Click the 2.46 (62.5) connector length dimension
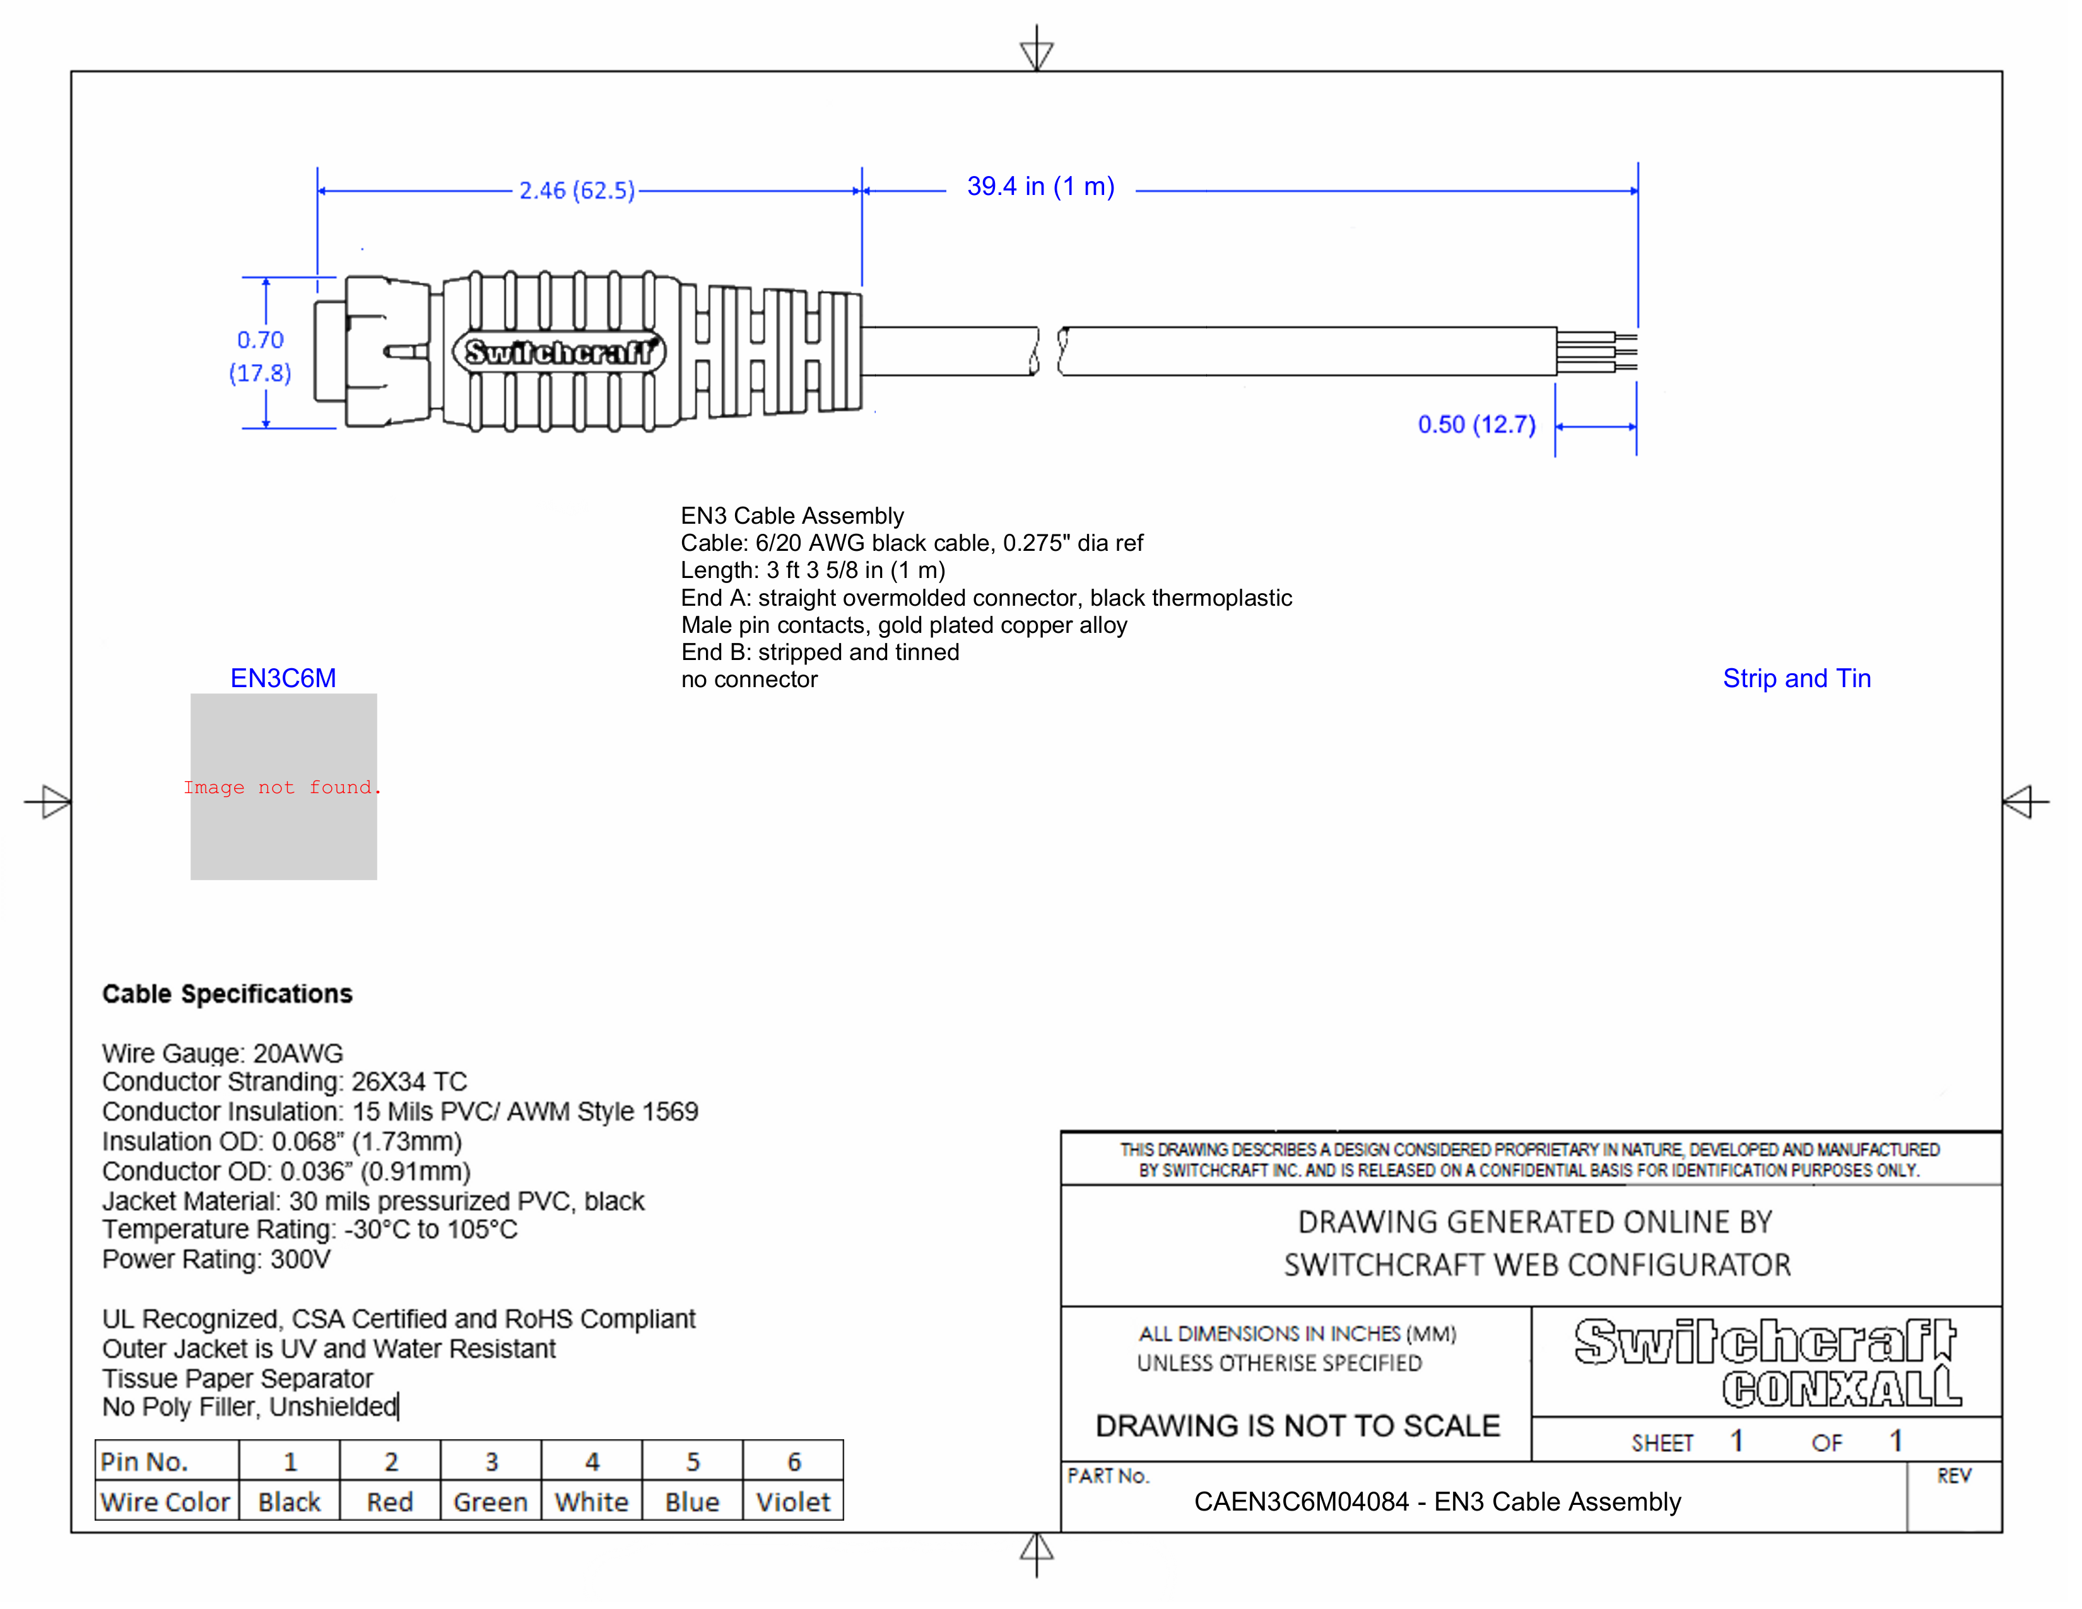point(577,191)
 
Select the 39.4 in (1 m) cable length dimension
point(1040,187)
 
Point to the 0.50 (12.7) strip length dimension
point(1476,425)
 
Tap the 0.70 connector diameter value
point(260,340)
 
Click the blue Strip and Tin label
point(1796,679)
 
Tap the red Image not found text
point(282,787)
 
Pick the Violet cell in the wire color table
point(792,1502)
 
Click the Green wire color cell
point(490,1502)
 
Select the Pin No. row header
point(145,1461)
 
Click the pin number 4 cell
point(592,1461)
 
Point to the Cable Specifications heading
point(227,994)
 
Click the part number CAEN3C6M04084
point(1300,1502)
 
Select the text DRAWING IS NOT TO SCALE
point(1297,1426)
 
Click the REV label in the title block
point(1953,1476)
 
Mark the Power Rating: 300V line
point(216,1260)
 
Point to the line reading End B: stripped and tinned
point(820,653)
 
